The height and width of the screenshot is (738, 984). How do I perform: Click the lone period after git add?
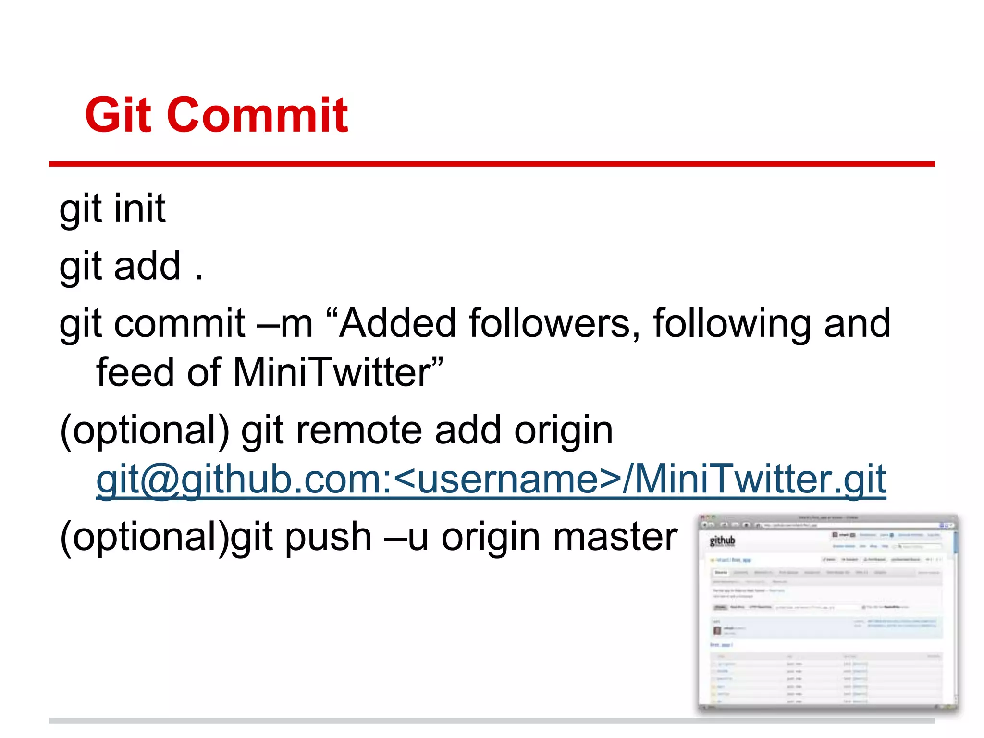[199, 278]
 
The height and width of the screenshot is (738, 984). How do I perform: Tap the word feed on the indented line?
[135, 372]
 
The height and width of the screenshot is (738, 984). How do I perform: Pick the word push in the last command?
[328, 537]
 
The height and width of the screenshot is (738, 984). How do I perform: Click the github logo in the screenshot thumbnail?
[722, 541]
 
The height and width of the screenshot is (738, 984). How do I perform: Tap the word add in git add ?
[147, 266]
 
